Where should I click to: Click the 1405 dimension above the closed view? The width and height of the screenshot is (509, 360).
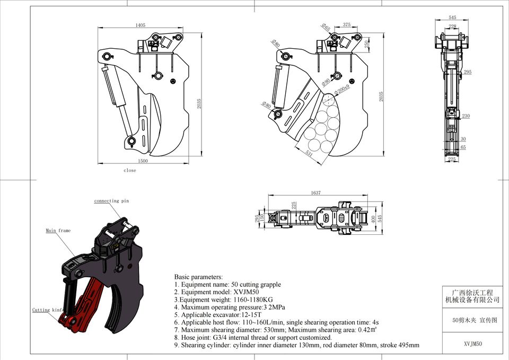pos(141,25)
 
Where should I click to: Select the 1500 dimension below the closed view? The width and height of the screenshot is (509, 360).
pos(143,161)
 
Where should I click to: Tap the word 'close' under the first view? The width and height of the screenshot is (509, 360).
pos(130,171)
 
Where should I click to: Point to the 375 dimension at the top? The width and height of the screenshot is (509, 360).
pos(346,25)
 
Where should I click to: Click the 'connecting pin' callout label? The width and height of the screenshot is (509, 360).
pos(111,201)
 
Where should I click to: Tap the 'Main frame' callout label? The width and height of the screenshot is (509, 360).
pos(58,231)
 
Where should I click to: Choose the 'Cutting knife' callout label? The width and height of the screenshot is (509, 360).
pos(48,310)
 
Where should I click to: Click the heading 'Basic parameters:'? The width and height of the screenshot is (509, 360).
pos(199,277)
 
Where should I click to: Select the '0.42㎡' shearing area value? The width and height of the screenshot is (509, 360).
pos(364,330)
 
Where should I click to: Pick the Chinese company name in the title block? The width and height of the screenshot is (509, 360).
pos(472,296)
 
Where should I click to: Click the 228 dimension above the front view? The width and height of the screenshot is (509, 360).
pos(452,27)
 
